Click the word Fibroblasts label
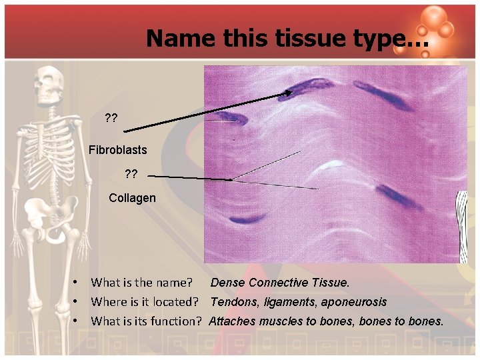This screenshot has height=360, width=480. click(117, 150)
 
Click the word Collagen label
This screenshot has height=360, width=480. click(132, 198)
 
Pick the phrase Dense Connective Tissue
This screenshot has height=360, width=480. click(280, 283)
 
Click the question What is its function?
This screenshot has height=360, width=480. click(146, 321)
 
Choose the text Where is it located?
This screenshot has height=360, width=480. click(146, 302)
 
